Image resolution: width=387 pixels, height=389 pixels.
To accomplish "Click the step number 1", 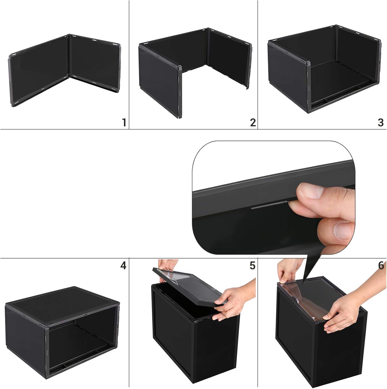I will point(124,122).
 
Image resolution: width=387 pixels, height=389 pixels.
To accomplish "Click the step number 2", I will point(253,122).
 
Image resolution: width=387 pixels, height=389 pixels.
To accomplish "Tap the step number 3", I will point(381,122).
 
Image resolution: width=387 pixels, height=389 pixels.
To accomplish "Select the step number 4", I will point(123,265).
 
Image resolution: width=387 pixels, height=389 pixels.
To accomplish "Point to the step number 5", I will point(252,265).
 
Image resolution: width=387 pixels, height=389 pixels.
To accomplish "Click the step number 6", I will point(381,265).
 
